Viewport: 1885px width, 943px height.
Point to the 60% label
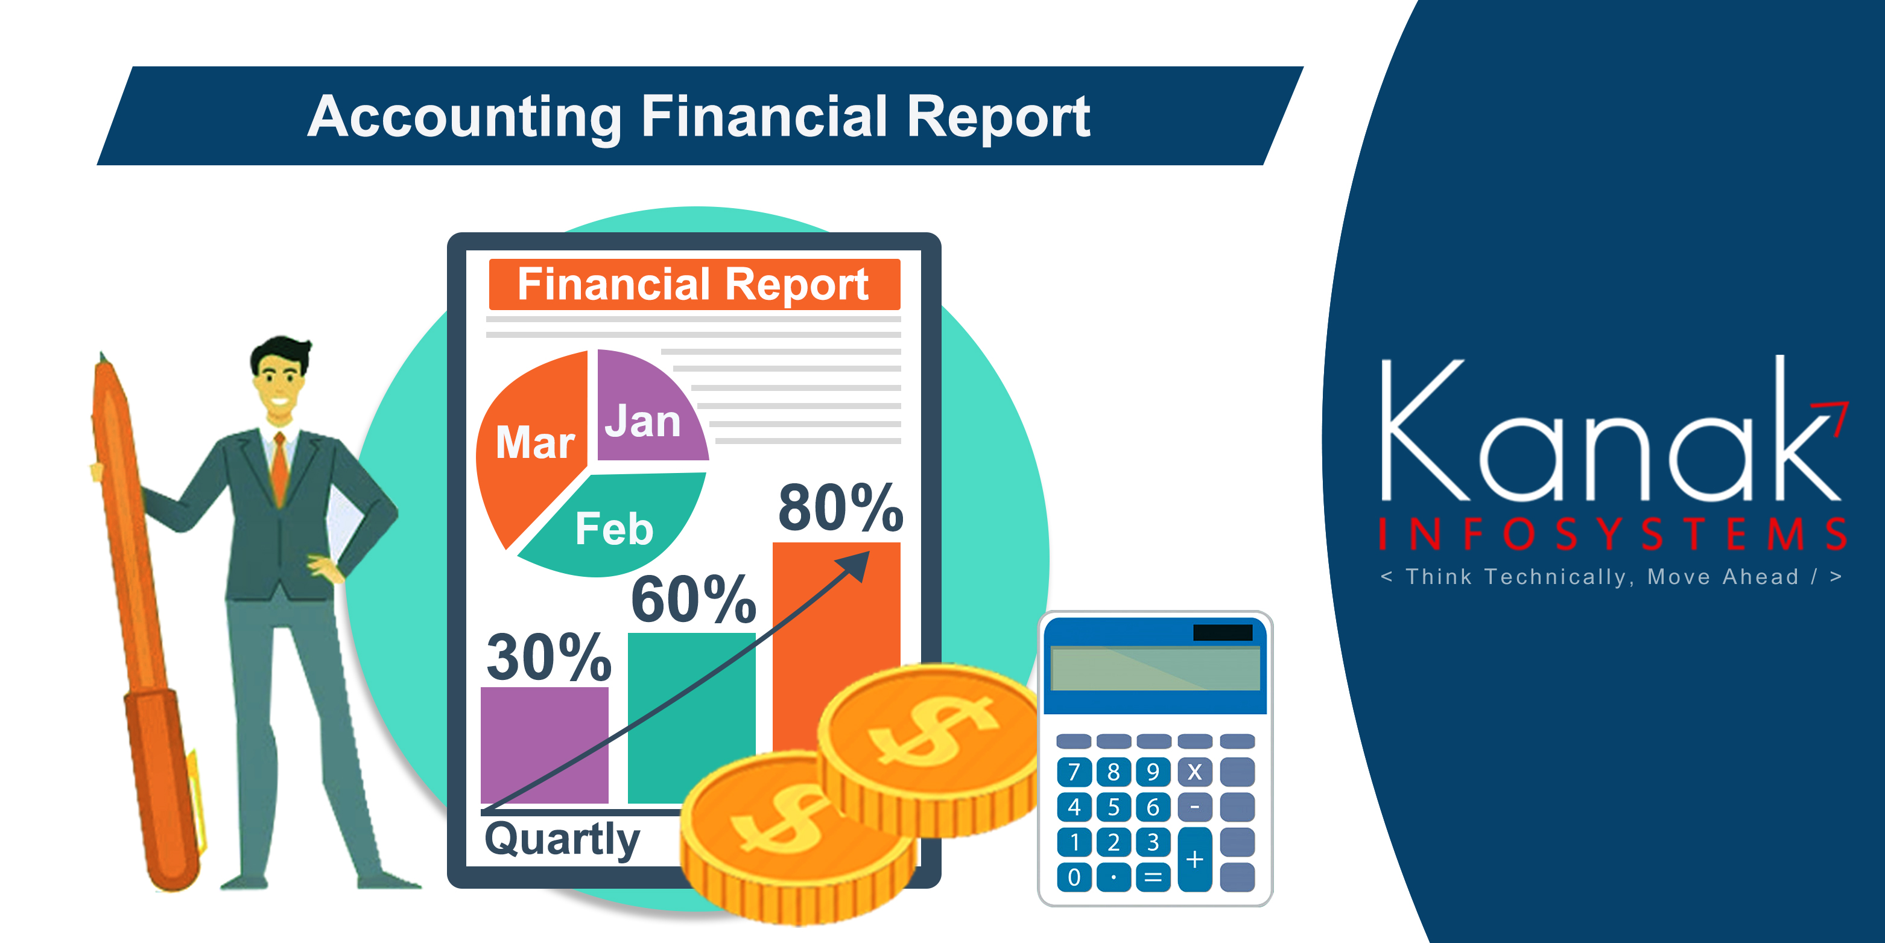[694, 599]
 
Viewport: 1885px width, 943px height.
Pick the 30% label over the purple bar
[549, 657]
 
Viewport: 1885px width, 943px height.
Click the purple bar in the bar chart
[545, 745]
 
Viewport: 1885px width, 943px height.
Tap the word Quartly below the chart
[562, 840]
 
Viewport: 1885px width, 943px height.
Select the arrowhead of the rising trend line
[855, 565]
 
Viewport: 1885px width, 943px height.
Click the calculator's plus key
[1195, 860]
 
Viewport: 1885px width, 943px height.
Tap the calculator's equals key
[1153, 877]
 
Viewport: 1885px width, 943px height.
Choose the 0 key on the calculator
[1074, 877]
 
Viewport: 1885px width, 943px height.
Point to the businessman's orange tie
[279, 469]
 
